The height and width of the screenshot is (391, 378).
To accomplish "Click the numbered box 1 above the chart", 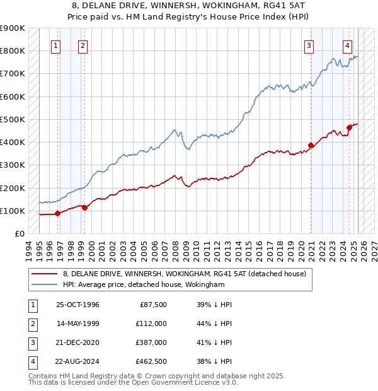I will point(56,45).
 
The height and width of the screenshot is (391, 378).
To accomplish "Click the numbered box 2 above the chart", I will point(83,45).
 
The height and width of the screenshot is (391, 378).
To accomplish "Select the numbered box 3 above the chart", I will point(309,45).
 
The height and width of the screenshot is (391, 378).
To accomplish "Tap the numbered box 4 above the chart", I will point(348,45).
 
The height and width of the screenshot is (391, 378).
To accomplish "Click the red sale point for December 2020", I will point(311,146).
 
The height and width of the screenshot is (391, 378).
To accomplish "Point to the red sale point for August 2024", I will point(349,128).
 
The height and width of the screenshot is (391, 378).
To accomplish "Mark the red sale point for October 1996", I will point(57,213).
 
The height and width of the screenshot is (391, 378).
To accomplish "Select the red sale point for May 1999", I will point(84,207).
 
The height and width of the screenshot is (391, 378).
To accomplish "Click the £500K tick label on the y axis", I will point(12,119).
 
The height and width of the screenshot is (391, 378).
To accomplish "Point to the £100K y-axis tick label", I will point(12,211).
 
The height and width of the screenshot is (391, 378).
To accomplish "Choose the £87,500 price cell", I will point(153,305).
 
